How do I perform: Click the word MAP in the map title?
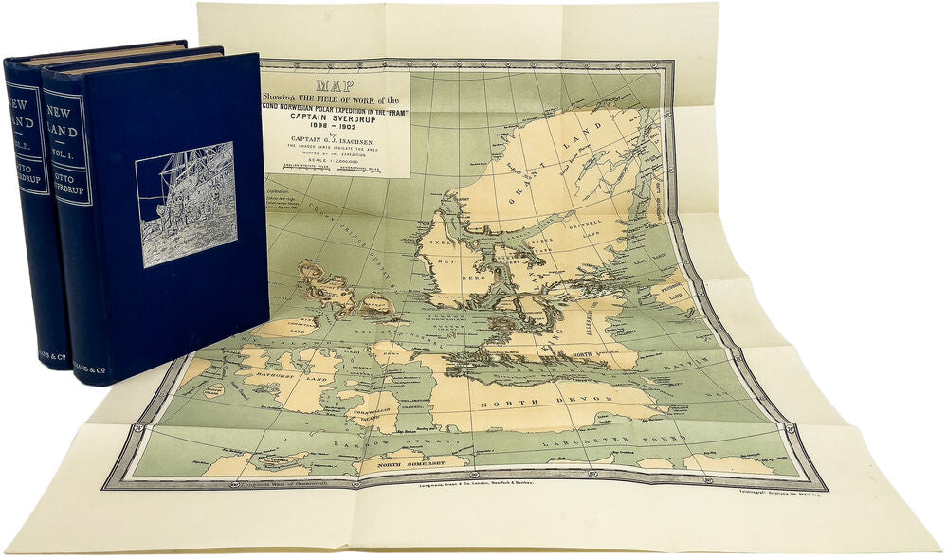pos(336,84)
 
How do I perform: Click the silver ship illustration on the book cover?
pos(186,204)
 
